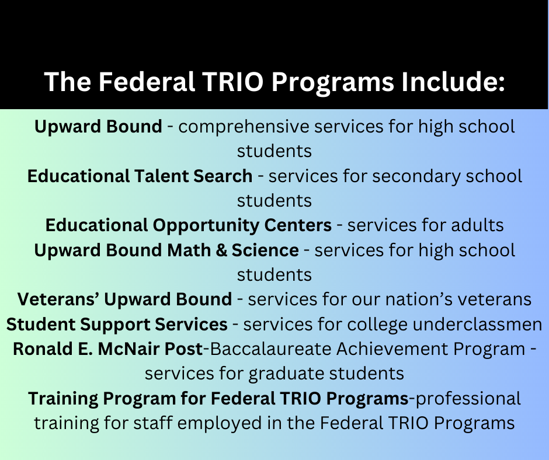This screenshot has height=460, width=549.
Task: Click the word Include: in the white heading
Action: (453, 82)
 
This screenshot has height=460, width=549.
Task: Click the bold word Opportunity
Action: (206, 226)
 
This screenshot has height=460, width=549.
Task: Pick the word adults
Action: (477, 225)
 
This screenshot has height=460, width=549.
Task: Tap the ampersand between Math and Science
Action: (221, 250)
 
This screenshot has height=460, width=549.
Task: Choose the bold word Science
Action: (265, 250)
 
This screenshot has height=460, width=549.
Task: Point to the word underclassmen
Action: (477, 325)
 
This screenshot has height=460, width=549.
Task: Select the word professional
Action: (468, 399)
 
